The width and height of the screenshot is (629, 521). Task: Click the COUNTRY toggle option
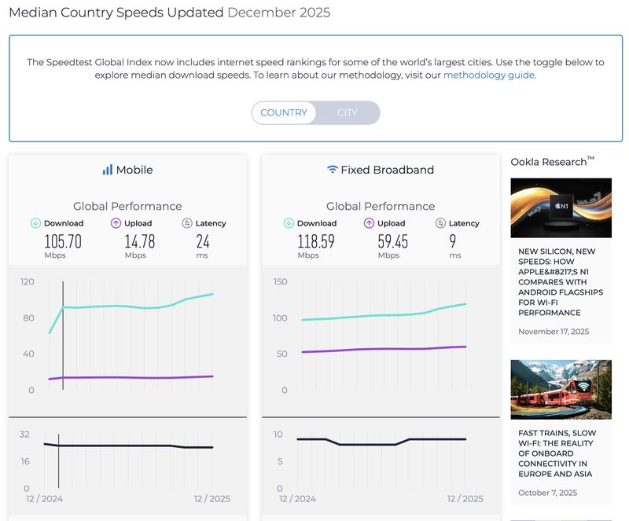click(284, 112)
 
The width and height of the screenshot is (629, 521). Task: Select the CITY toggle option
click(348, 112)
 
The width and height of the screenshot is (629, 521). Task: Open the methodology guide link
click(488, 75)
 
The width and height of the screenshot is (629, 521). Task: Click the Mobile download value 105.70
click(63, 241)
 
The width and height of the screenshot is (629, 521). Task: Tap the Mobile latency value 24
click(203, 241)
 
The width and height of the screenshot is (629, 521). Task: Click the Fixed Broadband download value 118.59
click(316, 241)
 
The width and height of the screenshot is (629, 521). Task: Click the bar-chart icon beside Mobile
click(108, 170)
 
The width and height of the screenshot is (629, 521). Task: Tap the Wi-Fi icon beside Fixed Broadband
click(333, 170)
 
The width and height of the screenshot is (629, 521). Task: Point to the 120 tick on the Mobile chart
click(28, 281)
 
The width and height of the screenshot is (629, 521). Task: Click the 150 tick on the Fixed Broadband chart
click(281, 281)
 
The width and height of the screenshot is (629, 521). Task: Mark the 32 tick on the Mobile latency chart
click(24, 434)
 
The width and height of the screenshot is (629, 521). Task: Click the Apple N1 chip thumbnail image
click(561, 207)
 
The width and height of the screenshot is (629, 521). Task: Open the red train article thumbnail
click(561, 389)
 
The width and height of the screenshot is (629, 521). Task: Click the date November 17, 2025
click(553, 332)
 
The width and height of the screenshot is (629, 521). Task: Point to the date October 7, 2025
click(547, 493)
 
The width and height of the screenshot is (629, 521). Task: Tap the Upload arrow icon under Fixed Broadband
click(369, 223)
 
